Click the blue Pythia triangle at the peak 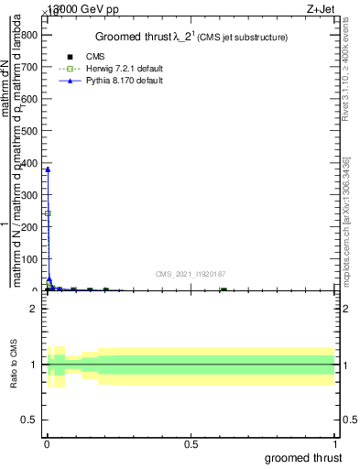click(48, 169)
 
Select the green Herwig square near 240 click(48, 213)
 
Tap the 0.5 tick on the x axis click(191, 443)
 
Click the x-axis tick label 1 click(336, 443)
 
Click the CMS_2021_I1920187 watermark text click(191, 273)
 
